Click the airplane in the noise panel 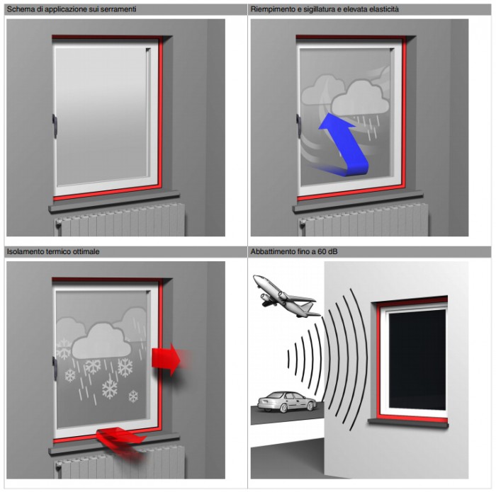point(285,297)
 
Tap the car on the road point(287,401)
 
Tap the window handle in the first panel point(55,126)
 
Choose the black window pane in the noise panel point(417,360)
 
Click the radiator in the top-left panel point(120,220)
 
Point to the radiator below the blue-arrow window point(363,220)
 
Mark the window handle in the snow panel point(55,368)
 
